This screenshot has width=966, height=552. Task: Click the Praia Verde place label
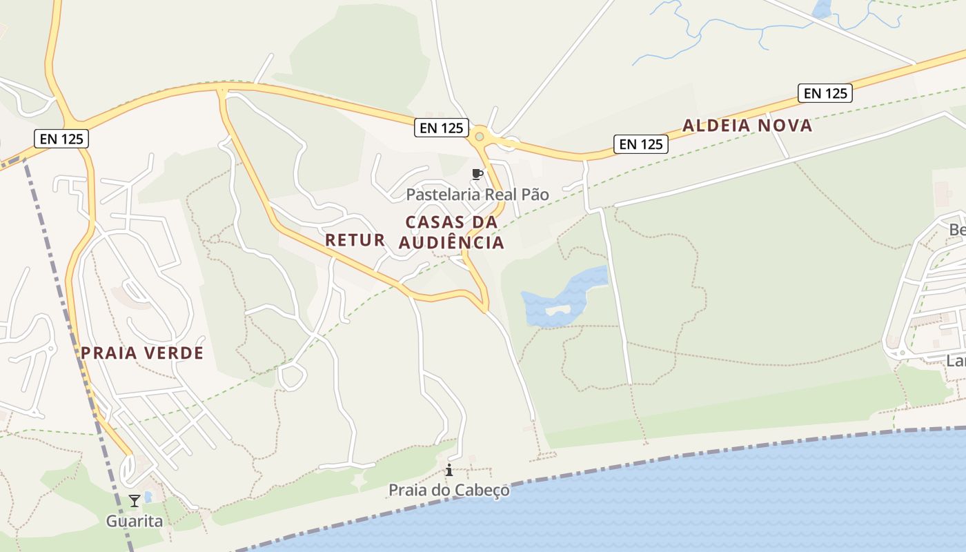pos(142,353)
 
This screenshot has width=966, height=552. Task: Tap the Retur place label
pos(355,240)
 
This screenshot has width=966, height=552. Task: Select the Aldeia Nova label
pos(747,126)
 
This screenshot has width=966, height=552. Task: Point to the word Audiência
pos(451,243)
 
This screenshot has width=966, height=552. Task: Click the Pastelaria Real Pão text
pos(477,195)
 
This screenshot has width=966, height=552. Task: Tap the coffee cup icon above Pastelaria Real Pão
pos(476,174)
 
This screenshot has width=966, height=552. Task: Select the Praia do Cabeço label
pos(449,490)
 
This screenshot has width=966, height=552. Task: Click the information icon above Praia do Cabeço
pos(449,471)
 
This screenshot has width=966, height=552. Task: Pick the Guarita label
pos(135,521)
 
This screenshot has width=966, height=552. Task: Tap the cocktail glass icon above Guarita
pos(135,501)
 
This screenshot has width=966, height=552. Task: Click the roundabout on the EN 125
pos(480,137)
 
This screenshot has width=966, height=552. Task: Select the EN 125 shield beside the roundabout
pos(442,128)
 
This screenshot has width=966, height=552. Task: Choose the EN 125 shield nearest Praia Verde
pos(61,139)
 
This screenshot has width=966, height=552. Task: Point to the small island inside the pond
pos(558,310)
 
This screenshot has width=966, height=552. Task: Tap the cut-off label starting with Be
pos(957,230)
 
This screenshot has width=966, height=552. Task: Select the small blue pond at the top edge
pos(822,8)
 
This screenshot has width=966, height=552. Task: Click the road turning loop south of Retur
pos(292,377)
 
